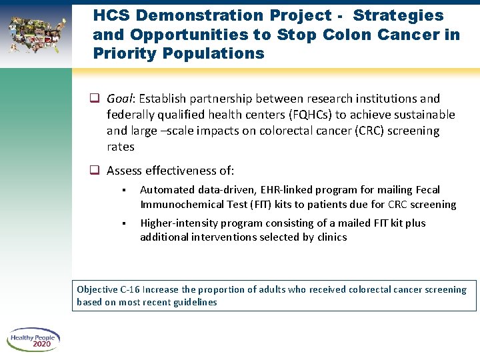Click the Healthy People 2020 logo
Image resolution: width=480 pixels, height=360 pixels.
tap(33, 340)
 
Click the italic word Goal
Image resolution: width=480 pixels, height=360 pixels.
tap(121, 99)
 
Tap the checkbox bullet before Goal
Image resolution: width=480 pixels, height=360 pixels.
tap(95, 99)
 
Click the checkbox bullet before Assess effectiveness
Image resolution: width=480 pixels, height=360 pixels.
tap(95, 171)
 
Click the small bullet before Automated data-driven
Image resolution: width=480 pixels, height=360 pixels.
tap(125, 191)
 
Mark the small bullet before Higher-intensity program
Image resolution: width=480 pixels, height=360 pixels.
tap(125, 224)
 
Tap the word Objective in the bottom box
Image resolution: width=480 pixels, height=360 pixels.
tap(97, 289)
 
